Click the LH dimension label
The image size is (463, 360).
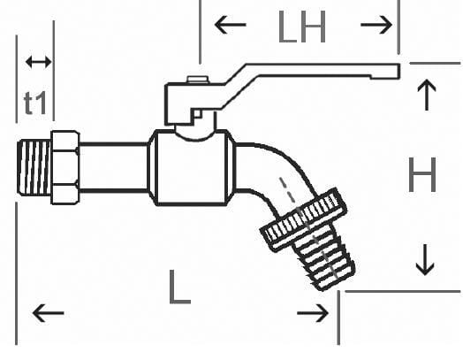click(x=302, y=27)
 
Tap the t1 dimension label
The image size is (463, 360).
click(x=35, y=103)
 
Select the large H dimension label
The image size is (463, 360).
click(x=422, y=174)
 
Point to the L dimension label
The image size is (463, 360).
click(x=179, y=287)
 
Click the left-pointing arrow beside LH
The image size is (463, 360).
click(x=231, y=25)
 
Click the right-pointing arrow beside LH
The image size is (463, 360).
click(x=376, y=25)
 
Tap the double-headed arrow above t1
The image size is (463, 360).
click(x=38, y=62)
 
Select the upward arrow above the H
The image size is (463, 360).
click(x=427, y=95)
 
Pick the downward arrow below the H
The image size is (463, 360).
click(x=425, y=260)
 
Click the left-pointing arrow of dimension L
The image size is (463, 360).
click(x=48, y=313)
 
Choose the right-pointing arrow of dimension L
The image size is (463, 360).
click(x=313, y=313)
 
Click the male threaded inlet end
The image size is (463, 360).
click(x=34, y=167)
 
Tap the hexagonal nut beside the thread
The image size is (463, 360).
click(x=65, y=167)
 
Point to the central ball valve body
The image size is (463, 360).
click(x=192, y=167)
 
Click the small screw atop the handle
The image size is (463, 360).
click(x=198, y=80)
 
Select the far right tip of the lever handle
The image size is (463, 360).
click(x=399, y=72)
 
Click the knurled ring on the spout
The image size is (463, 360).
click(x=304, y=219)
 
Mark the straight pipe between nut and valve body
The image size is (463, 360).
click(x=113, y=167)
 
